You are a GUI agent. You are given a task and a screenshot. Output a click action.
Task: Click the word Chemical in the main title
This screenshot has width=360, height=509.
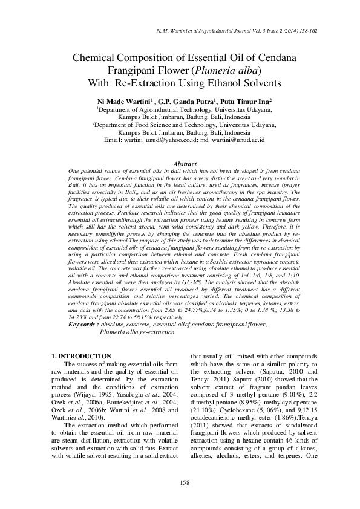click(x=94, y=59)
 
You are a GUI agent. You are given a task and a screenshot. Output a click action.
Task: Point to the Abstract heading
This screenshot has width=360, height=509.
click(x=185, y=164)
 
